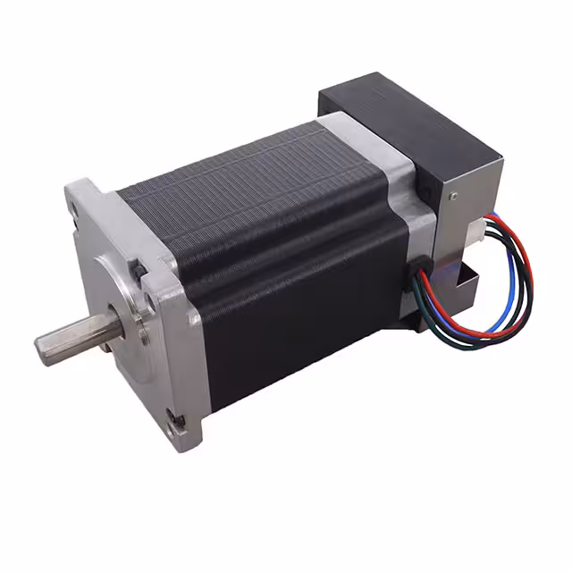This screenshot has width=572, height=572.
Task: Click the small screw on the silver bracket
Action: (453, 195)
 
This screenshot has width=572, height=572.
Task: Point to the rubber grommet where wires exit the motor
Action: (418, 268)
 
